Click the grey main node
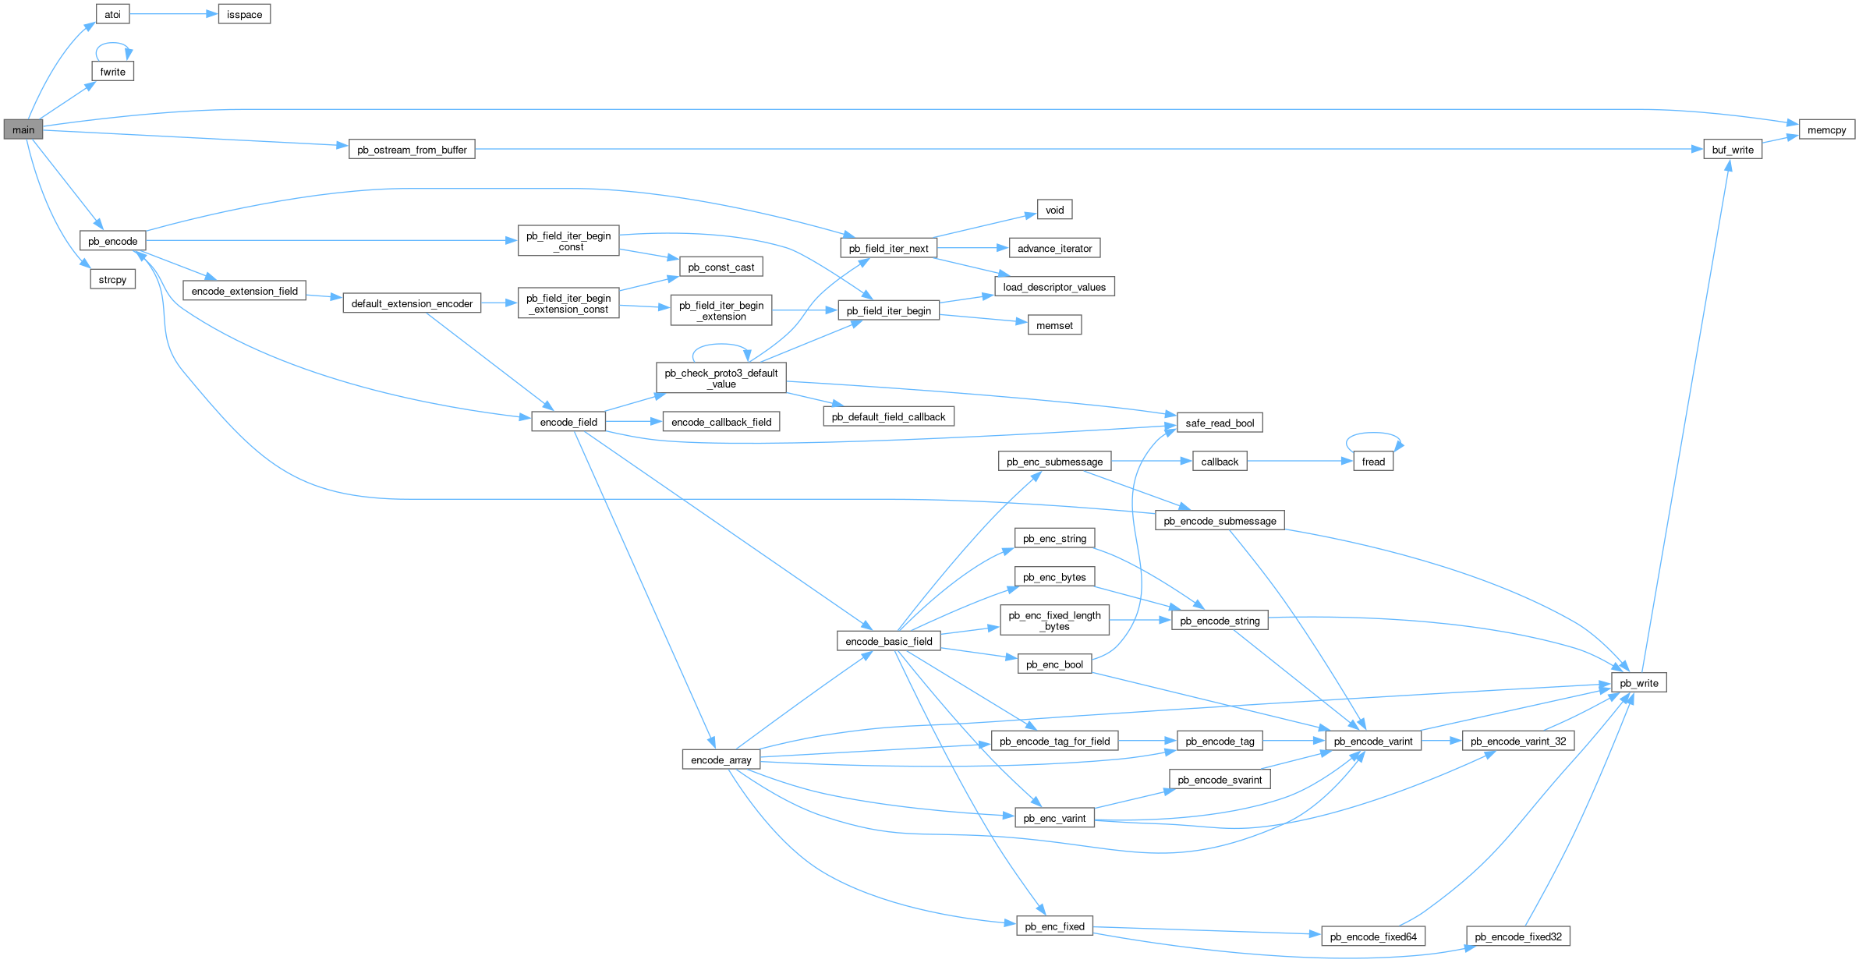23,129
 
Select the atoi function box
112,14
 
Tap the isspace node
244,14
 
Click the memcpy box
1826,129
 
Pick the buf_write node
1732,149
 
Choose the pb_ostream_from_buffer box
412,149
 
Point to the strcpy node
112,279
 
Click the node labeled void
1054,210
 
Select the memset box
1054,325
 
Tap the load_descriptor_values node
1054,287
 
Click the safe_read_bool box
1220,423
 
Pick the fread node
1373,462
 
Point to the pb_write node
1638,683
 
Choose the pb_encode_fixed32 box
1517,936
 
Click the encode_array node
721,759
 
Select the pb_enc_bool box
1054,664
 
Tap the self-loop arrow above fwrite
112,44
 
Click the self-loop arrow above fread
1373,434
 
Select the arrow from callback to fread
1299,462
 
